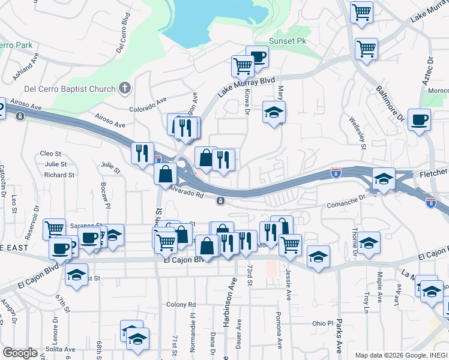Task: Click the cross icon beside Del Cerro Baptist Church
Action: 125,89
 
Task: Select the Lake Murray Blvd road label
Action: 246,87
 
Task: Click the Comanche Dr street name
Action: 346,202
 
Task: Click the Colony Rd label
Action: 181,304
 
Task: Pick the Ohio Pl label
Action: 322,323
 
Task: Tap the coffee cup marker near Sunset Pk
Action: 258,57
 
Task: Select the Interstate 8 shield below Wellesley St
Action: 337,173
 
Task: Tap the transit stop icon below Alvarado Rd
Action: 221,200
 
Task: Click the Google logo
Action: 20,353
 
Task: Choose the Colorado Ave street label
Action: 148,106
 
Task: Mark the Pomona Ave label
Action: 280,330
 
